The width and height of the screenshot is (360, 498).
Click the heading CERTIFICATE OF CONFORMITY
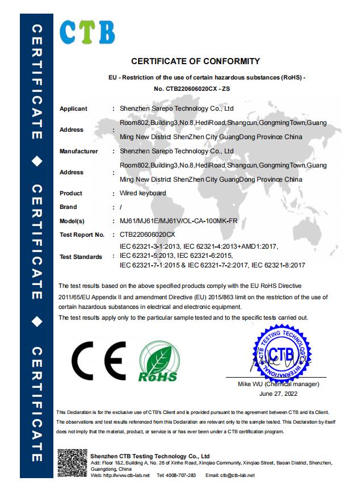tap(195, 61)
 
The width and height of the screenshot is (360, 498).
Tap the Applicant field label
tap(73, 108)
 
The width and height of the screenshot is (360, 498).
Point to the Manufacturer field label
tap(79, 152)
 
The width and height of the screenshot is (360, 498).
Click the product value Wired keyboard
tap(143, 193)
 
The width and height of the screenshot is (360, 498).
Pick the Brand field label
tap(68, 207)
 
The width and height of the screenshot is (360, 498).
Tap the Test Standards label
tap(81, 257)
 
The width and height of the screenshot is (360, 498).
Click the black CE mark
tap(99, 362)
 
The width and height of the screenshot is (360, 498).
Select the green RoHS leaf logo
tap(158, 362)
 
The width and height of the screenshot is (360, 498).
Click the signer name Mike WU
tap(250, 384)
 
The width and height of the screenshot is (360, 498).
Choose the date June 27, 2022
tap(278, 393)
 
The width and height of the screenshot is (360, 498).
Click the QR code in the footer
tap(72, 463)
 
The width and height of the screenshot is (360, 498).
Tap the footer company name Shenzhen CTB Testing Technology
tap(150, 456)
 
